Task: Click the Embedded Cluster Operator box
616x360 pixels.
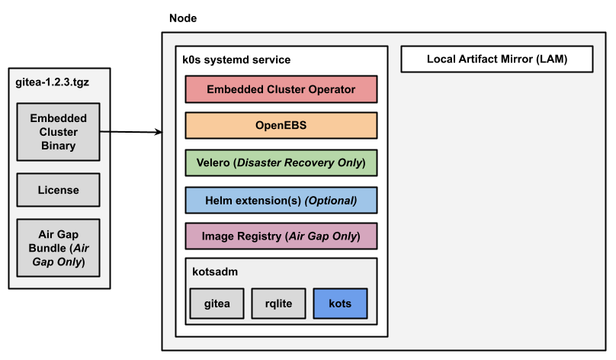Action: click(281, 89)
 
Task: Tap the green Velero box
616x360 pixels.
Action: click(281, 162)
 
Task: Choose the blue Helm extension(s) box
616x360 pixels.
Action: click(281, 200)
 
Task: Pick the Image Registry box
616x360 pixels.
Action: click(281, 236)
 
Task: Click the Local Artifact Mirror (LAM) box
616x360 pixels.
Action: click(497, 59)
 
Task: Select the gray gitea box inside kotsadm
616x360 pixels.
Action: click(216, 304)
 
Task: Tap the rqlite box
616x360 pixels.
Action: click(278, 304)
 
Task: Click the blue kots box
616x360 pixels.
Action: click(340, 304)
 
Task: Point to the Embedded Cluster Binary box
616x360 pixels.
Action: click(59, 132)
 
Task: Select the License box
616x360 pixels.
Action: click(59, 190)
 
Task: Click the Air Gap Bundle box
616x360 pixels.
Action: click(59, 248)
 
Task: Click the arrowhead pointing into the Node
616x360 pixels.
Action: click(159, 133)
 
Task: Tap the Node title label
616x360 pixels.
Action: click(182, 18)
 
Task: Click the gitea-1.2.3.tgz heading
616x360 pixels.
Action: click(52, 81)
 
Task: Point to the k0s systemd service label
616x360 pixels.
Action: click(236, 59)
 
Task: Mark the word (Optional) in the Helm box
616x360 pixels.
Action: click(331, 200)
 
